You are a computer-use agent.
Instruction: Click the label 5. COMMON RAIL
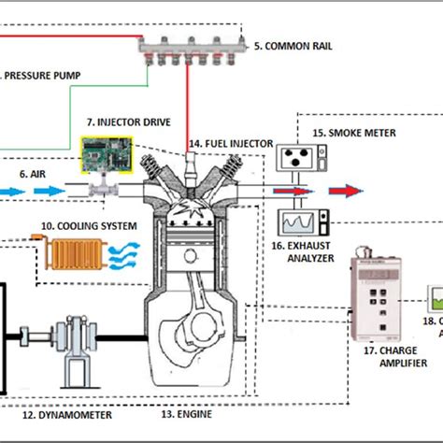[x=298, y=44]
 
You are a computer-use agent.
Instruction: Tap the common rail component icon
[x=191, y=46]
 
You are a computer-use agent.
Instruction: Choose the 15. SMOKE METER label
[x=356, y=133]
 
